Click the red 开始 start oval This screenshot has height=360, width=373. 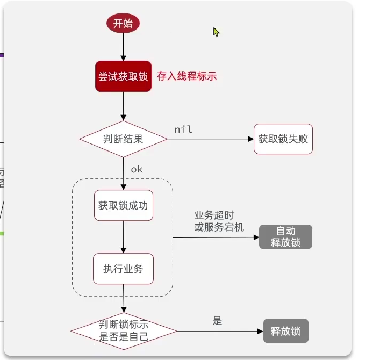click(x=123, y=24)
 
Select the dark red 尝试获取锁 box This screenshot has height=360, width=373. click(x=123, y=76)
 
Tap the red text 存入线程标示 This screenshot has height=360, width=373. click(x=186, y=76)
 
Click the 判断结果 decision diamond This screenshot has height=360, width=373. click(x=123, y=139)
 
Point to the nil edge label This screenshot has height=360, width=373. click(x=183, y=129)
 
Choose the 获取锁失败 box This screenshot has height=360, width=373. click(x=283, y=139)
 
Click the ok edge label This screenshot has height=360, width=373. click(x=137, y=169)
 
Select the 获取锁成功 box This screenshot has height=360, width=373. click(x=123, y=205)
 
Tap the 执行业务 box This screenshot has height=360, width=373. click(x=123, y=269)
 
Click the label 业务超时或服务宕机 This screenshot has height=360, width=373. click(x=219, y=221)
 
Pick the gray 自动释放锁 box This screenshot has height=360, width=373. click(x=285, y=237)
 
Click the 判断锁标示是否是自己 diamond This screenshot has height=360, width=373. click(x=124, y=331)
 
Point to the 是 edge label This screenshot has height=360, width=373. click(x=217, y=321)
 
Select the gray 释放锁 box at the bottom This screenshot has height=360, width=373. click(x=286, y=331)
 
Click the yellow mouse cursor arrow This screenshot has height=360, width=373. click(x=216, y=32)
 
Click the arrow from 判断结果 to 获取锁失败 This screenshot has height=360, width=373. click(x=210, y=139)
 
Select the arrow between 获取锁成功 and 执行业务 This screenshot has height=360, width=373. click(x=123, y=237)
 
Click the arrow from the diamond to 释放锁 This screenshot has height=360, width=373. click(x=220, y=331)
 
